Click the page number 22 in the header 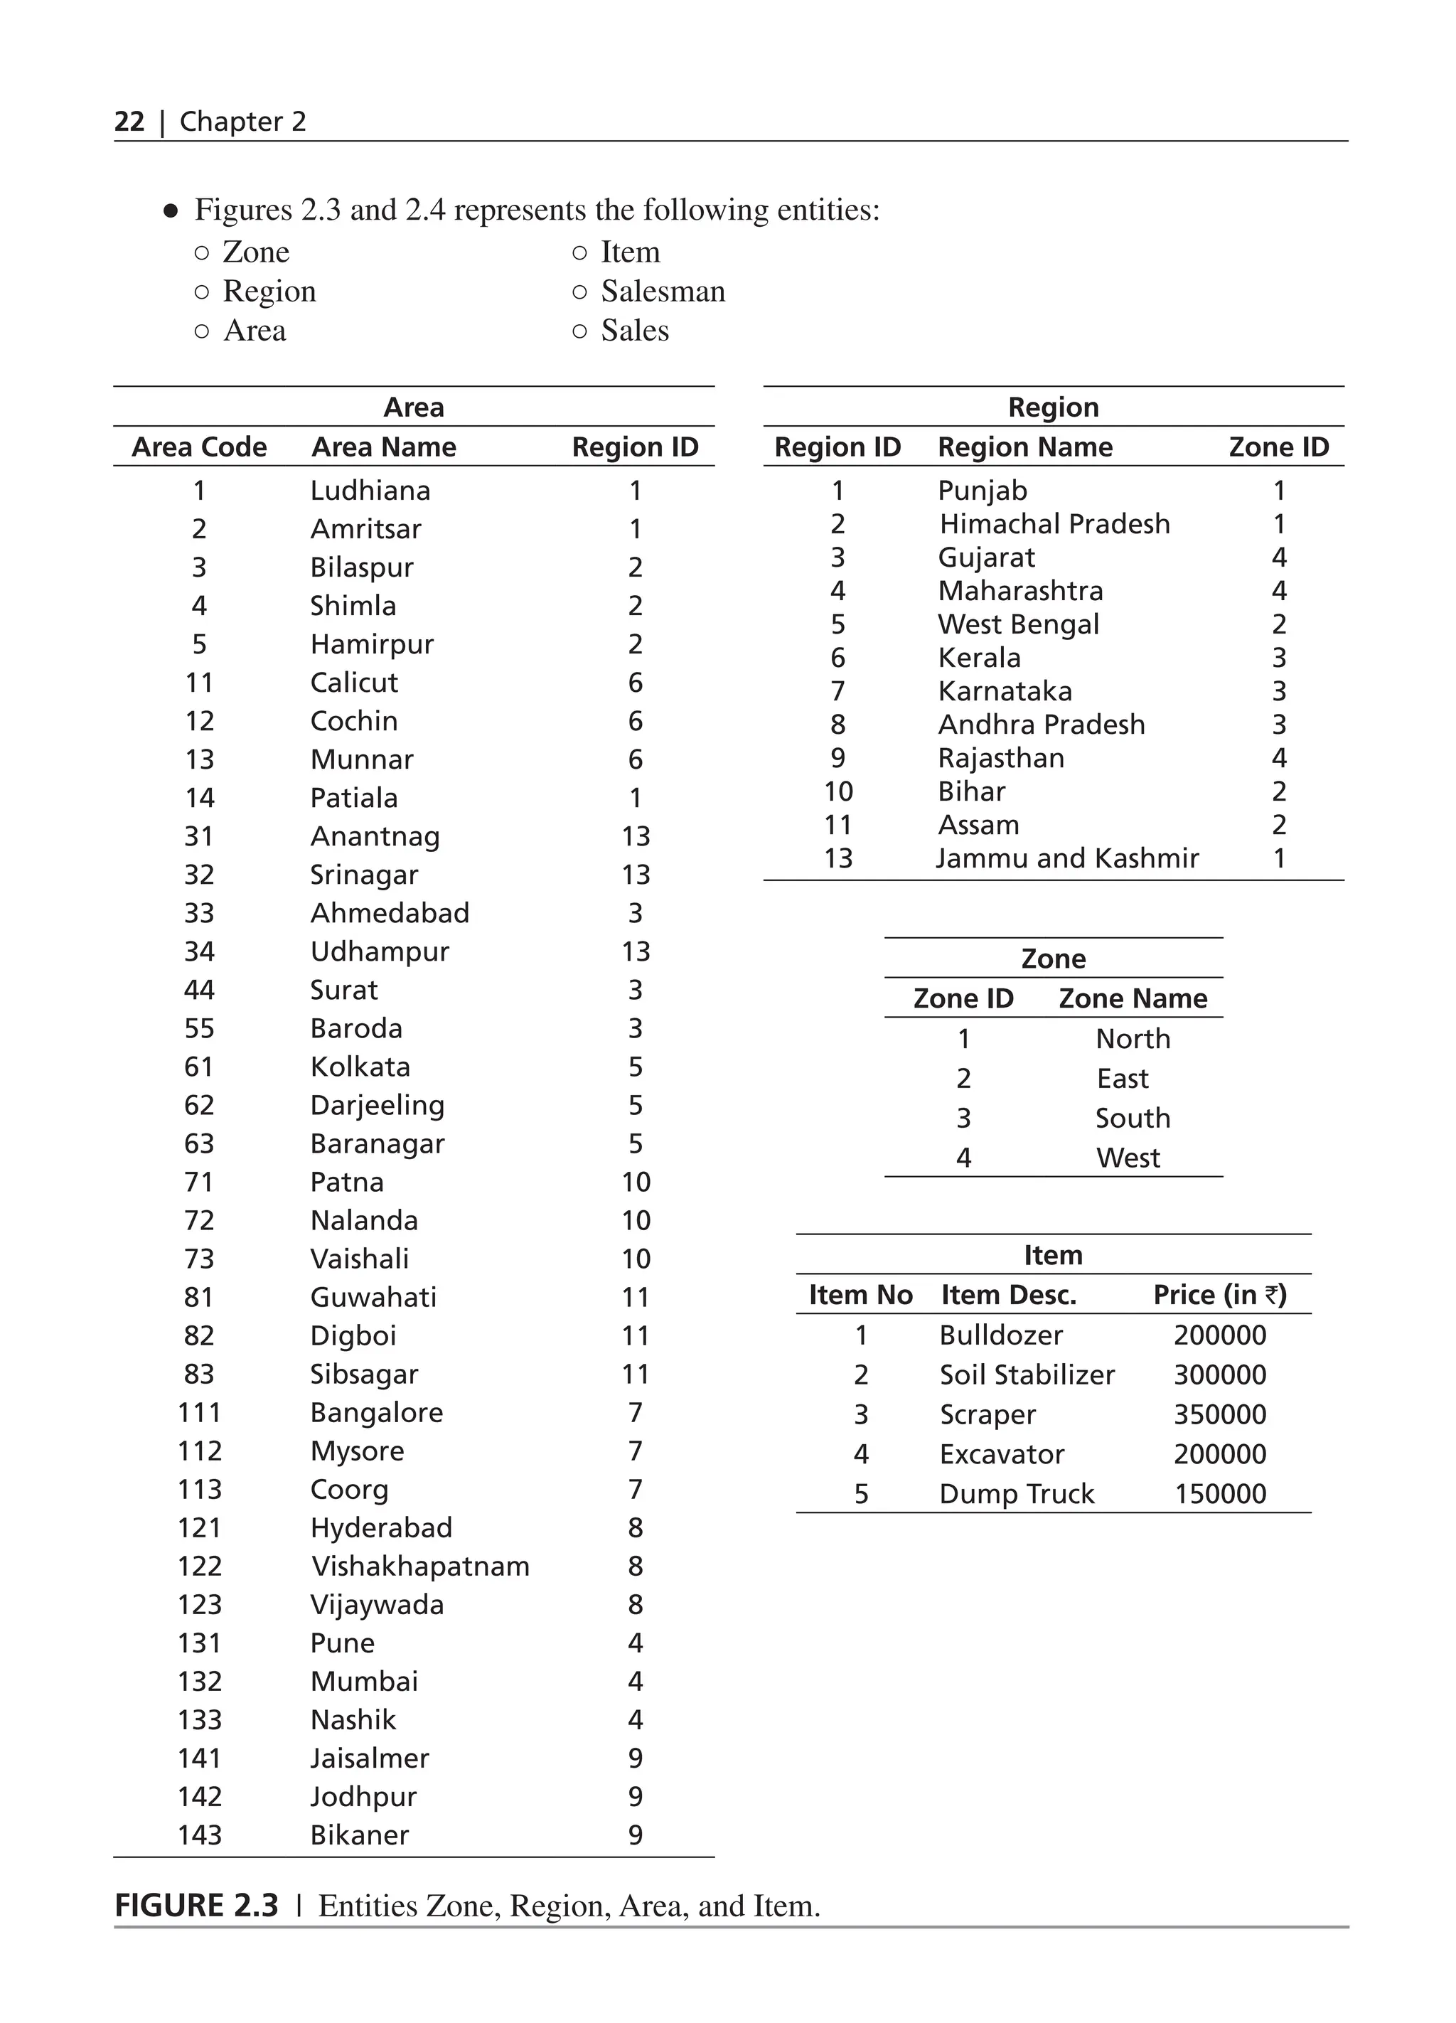point(129,122)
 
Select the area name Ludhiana point(370,491)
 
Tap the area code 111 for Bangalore point(199,1413)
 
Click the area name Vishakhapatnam point(420,1566)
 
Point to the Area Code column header point(199,447)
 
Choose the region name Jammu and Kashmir point(1067,858)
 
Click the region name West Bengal point(1018,624)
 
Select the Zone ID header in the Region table point(1278,447)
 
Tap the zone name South point(1133,1119)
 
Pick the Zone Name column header point(1133,998)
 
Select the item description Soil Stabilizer point(1027,1375)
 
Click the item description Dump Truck point(1017,1494)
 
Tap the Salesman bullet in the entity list point(663,292)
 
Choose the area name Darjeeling point(377,1106)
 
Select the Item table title point(1053,1255)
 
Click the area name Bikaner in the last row point(359,1835)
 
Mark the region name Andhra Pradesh point(1042,725)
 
